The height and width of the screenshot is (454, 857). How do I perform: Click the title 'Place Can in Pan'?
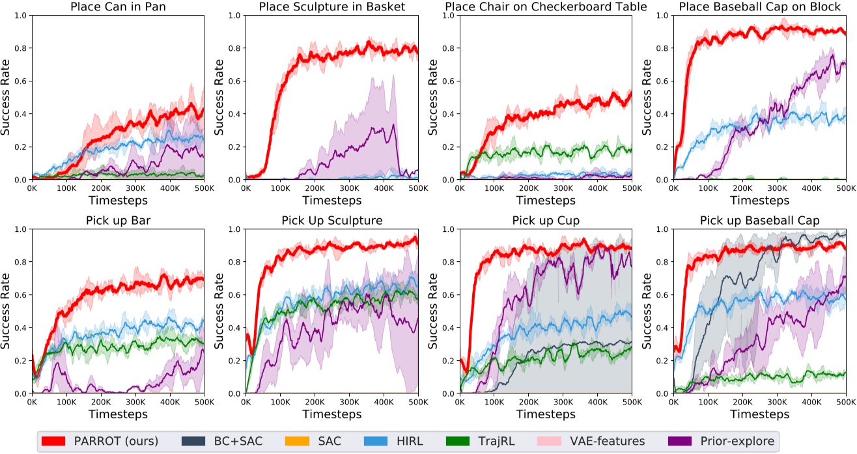[118, 7]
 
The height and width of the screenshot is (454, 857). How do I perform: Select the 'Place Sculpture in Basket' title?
[331, 7]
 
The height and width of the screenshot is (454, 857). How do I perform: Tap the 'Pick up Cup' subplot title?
[545, 221]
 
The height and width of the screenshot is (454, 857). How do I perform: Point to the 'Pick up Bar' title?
[118, 221]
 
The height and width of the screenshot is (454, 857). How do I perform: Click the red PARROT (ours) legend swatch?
[55, 441]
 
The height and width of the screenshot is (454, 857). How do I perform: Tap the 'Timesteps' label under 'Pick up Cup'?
[545, 414]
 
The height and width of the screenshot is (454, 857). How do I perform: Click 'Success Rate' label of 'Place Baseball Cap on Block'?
[647, 97]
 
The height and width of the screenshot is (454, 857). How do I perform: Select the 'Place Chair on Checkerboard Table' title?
[545, 7]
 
